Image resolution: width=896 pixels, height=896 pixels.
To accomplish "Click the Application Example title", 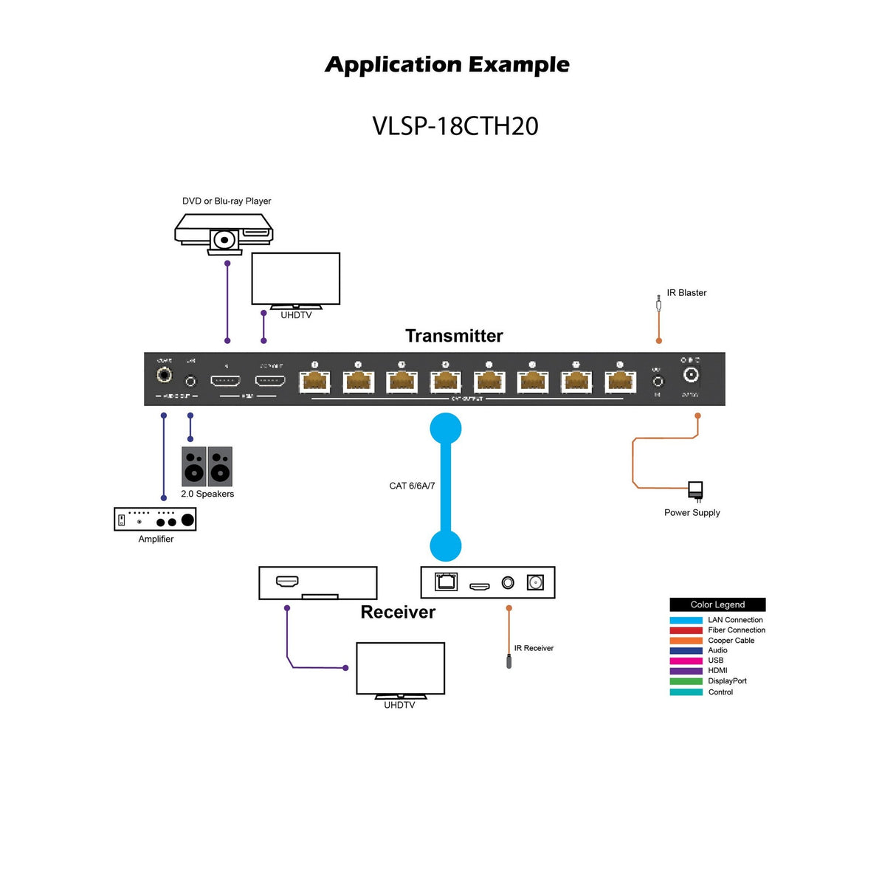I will [447, 65].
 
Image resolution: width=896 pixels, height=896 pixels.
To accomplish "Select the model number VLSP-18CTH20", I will [455, 126].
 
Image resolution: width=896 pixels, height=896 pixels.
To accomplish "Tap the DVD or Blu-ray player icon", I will [224, 233].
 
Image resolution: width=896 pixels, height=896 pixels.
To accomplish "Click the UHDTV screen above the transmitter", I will [295, 278].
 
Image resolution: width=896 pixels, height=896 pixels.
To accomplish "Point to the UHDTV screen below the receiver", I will [400, 668].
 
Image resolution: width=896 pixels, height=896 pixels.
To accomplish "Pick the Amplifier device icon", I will [155, 520].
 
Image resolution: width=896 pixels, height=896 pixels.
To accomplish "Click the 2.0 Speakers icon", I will [207, 466].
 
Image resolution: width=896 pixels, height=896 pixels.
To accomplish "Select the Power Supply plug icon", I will [695, 490].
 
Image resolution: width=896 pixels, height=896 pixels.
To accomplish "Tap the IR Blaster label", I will [686, 293].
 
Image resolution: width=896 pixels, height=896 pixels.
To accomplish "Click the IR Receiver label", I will [534, 648].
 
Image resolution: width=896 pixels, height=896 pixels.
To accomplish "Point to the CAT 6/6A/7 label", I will [412, 486].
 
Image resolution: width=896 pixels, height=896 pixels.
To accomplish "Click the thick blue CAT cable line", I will [446, 487].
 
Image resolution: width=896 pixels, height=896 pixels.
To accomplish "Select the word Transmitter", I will [454, 336].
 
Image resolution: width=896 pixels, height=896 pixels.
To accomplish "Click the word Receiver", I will [398, 612].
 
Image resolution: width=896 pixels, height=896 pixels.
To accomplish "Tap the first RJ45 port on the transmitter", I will [314, 381].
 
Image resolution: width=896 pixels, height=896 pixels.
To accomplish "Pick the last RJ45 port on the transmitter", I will [620, 381].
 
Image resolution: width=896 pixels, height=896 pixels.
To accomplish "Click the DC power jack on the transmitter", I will [691, 375].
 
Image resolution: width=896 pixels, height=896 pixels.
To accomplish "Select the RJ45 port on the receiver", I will [446, 582].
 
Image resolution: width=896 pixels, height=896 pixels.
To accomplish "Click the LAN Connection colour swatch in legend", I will [686, 620].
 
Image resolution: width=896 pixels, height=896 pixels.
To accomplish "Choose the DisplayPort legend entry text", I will [727, 681].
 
